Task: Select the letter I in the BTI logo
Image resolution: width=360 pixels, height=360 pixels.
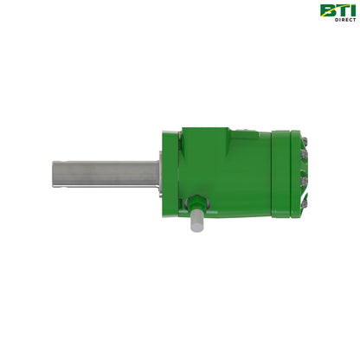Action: tap(351, 10)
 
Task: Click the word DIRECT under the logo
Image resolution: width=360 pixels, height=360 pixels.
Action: tap(344, 20)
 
